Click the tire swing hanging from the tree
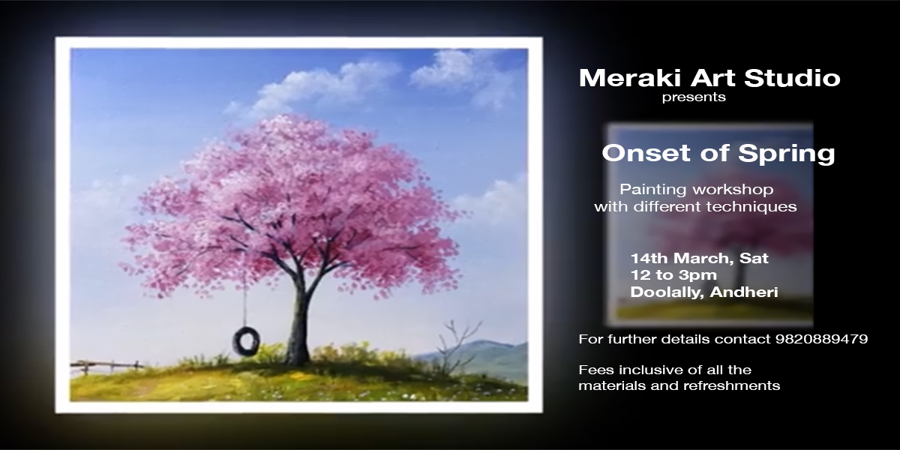[246, 340]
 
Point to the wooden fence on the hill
[106, 366]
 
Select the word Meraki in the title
[631, 77]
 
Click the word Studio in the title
[792, 77]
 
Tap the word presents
[694, 97]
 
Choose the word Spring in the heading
[787, 154]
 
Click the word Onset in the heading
[646, 153]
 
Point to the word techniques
[751, 206]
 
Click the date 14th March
[676, 258]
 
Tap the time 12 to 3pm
[673, 275]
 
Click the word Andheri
[744, 292]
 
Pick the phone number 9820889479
[821, 339]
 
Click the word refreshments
[732, 385]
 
